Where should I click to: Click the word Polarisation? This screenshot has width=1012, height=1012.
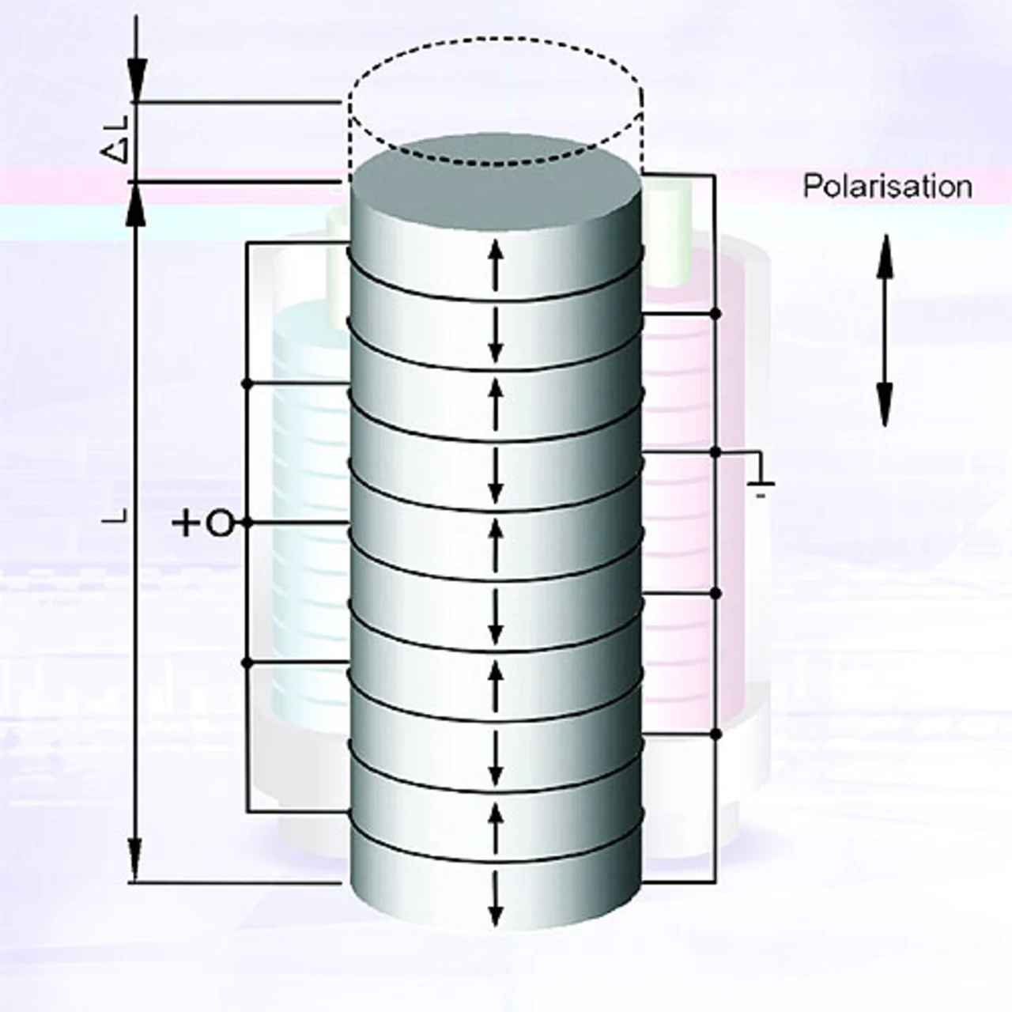pos(887,187)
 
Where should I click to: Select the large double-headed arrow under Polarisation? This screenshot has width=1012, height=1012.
pos(885,330)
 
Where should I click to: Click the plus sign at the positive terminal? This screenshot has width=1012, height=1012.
pos(187,523)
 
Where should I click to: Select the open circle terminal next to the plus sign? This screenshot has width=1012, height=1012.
pos(221,523)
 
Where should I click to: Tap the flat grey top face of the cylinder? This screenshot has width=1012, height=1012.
pos(496,180)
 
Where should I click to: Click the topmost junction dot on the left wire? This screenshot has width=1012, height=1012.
pos(247,383)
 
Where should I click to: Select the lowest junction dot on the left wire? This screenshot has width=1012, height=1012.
pos(247,663)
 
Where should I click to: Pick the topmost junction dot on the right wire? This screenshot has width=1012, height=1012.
pos(716,314)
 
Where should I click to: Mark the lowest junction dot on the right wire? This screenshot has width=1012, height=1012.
pos(716,734)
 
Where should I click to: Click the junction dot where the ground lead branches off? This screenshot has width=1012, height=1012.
pos(716,453)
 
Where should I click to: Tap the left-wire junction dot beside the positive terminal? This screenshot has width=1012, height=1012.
pos(247,523)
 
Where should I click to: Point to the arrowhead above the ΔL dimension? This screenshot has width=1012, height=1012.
pos(136,79)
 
